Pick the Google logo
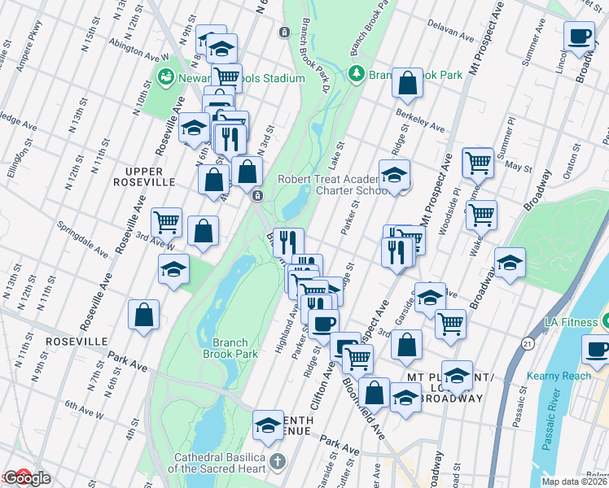point(26,479)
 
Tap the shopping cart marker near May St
point(478,162)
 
